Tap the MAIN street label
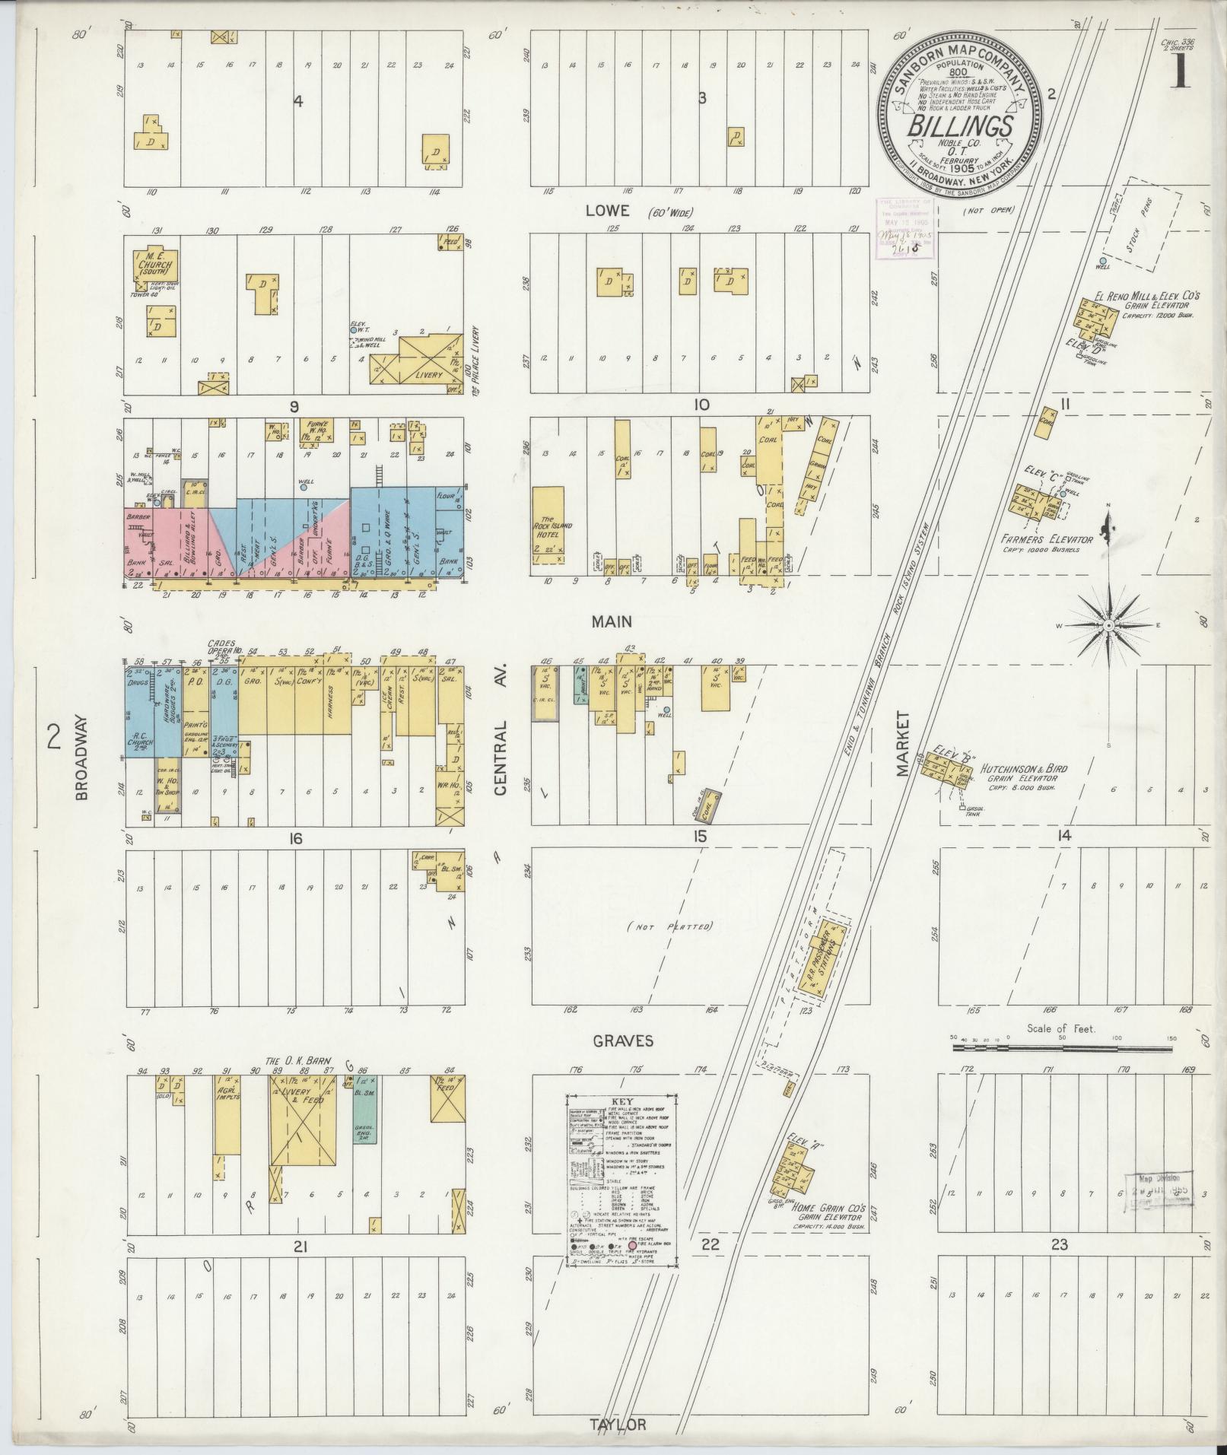612,621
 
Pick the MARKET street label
903,744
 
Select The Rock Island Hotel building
548,525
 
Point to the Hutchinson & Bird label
1024,768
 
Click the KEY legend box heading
621,1101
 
